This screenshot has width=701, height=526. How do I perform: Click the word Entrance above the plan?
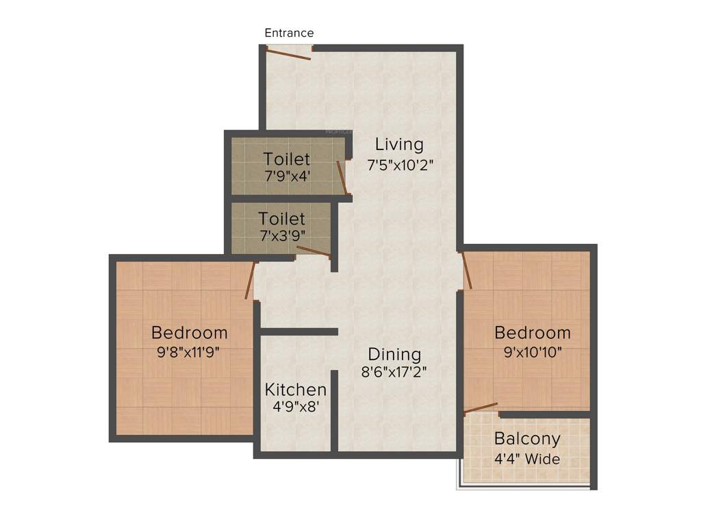(289, 33)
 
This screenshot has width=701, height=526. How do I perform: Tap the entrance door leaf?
(289, 53)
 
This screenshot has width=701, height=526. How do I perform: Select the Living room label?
(399, 145)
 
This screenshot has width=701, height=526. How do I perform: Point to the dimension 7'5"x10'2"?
(400, 165)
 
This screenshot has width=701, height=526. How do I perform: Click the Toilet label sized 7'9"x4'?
(287, 159)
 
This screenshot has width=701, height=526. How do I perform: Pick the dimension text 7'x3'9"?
(282, 235)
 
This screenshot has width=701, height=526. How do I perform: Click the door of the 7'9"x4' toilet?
(342, 178)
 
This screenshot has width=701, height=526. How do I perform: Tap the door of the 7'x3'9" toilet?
(313, 251)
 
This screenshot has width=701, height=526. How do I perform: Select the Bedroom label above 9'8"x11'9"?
(190, 333)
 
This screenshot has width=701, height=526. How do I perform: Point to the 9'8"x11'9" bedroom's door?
(251, 280)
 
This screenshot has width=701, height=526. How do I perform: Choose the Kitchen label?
(296, 390)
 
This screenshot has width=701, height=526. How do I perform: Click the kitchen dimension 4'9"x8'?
(296, 406)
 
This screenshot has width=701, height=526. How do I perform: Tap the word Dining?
(394, 354)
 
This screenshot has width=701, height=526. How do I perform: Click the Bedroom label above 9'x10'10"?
(533, 333)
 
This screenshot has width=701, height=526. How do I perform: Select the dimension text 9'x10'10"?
(533, 352)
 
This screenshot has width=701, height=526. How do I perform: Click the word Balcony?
(527, 438)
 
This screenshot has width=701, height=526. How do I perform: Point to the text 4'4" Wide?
(527, 458)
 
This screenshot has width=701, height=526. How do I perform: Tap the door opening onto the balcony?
(481, 408)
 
